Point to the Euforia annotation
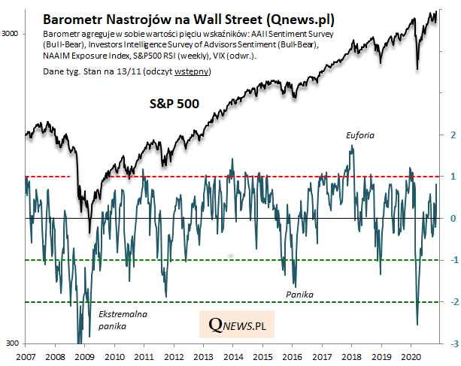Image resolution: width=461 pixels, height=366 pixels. [360, 135]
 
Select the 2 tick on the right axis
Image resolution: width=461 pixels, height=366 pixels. [451, 135]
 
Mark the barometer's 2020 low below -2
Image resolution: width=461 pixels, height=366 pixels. [417, 325]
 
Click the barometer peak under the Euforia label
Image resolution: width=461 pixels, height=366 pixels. [351, 147]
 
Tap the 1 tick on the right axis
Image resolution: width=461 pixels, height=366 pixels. [451, 177]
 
